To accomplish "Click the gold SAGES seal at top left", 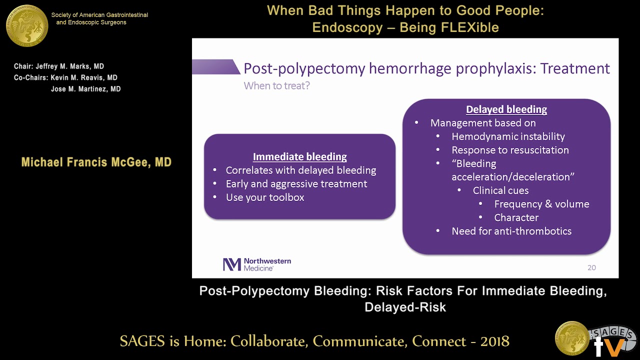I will (27, 25).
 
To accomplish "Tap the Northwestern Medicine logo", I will (256, 264).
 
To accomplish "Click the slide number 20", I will (591, 267).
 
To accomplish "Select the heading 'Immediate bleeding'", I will (299, 156).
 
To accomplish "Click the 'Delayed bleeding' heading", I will (506, 109).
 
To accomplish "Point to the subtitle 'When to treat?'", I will (276, 85).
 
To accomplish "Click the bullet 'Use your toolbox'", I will (265, 197).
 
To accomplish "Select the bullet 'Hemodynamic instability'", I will (508, 136).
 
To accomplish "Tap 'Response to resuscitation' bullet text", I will (510, 150).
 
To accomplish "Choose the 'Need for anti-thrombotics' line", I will (511, 231).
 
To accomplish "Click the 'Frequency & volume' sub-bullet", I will (541, 204).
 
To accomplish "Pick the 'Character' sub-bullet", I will (516, 217).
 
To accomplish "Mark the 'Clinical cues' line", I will (500, 190).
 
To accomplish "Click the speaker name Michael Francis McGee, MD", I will (96, 162).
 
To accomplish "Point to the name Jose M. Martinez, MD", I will (85, 89).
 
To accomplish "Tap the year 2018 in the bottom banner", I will (494, 341).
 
